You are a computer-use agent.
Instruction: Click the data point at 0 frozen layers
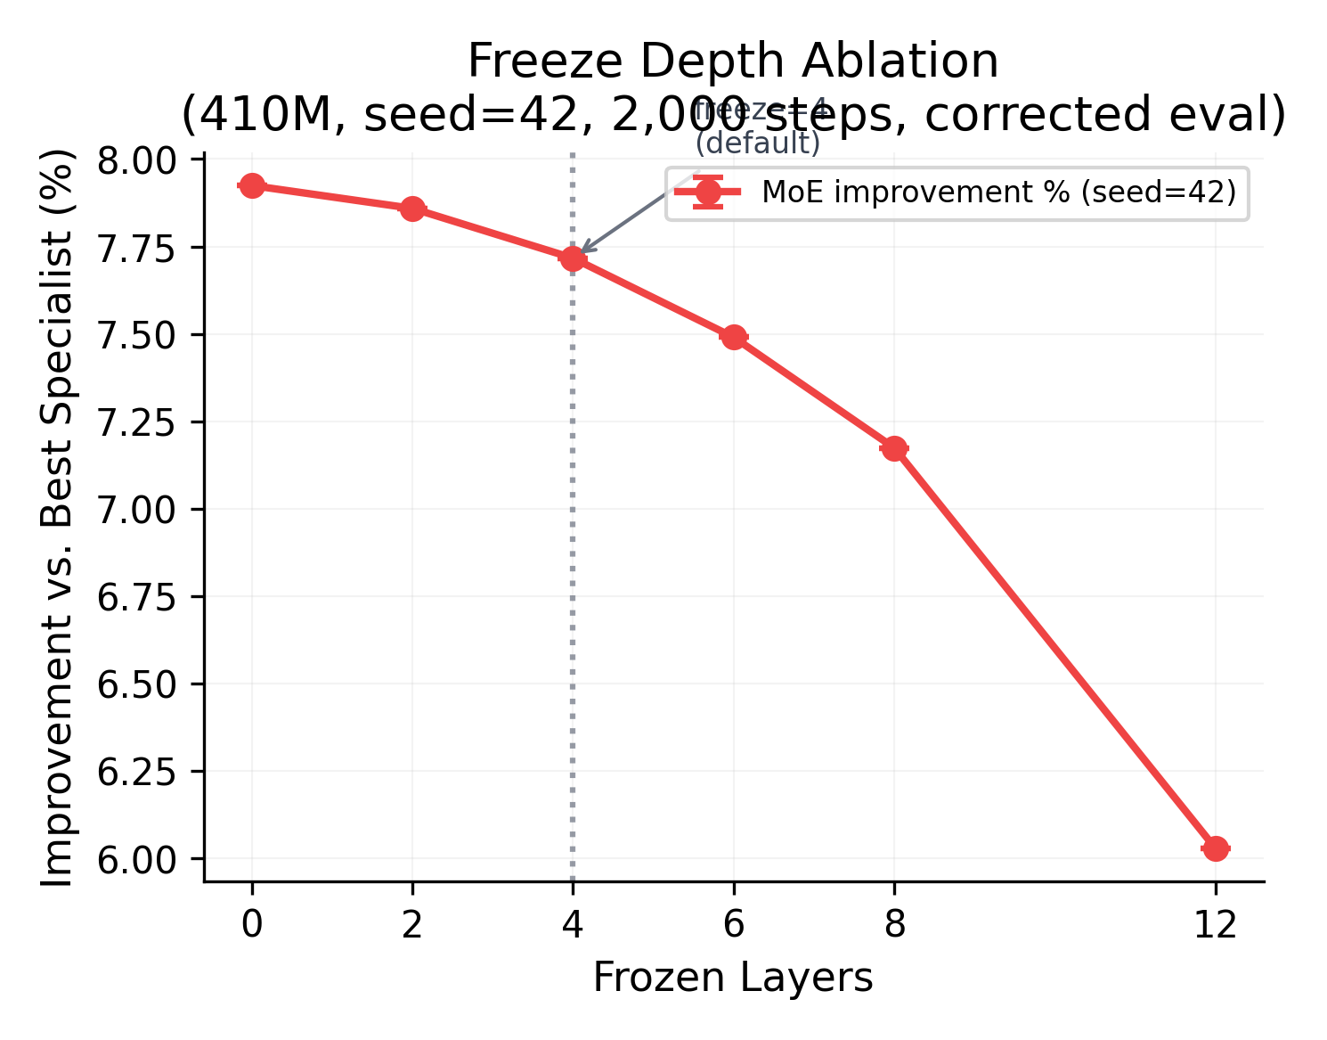tap(252, 185)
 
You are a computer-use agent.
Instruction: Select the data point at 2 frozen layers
tap(412, 209)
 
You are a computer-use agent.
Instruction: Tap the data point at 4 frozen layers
tap(573, 258)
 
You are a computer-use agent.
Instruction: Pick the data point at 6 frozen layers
tap(734, 337)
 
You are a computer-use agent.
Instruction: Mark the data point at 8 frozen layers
tap(894, 448)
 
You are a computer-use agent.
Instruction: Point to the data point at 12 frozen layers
tap(1216, 848)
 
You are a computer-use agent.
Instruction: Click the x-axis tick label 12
tap(1216, 925)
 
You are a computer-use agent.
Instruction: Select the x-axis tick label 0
tap(252, 925)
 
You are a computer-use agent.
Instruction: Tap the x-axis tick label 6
tap(734, 925)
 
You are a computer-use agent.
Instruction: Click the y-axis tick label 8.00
tap(138, 160)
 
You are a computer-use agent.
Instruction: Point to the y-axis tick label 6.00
tap(138, 859)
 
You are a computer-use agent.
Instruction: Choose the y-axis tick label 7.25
tap(138, 422)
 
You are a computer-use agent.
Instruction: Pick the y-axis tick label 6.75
tap(138, 597)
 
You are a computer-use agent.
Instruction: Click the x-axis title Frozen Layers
tap(733, 978)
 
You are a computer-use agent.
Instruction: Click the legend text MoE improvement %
tap(998, 192)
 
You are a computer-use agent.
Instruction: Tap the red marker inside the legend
tap(708, 192)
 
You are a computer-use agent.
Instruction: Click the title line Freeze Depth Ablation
tap(733, 61)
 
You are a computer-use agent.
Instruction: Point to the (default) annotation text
tap(758, 143)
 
